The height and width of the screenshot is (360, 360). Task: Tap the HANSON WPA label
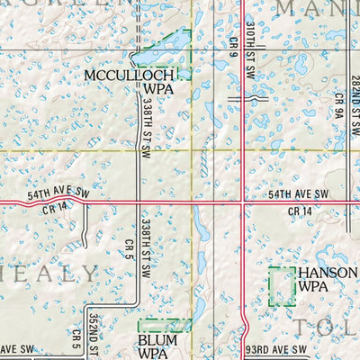[321, 279]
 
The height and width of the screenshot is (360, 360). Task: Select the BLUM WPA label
[157, 347]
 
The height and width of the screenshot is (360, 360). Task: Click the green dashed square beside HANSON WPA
[282, 286]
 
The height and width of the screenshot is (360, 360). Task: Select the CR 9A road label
[339, 107]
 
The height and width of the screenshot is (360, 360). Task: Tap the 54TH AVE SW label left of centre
[58, 193]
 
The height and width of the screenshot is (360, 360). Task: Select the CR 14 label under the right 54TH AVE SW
[300, 211]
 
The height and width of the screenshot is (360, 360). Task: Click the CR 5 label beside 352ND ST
[76, 338]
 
